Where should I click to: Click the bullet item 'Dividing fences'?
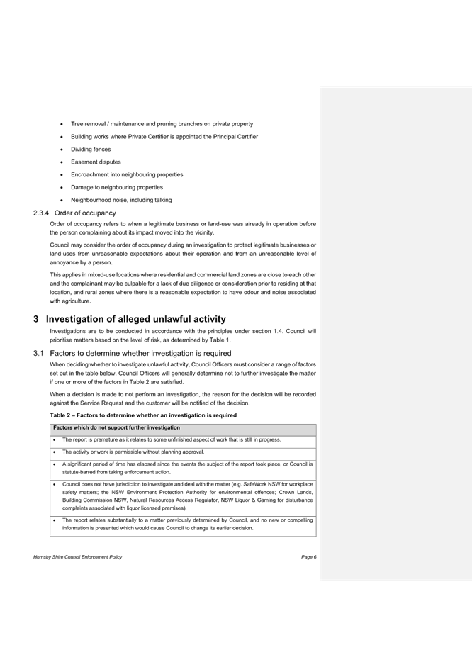point(91,150)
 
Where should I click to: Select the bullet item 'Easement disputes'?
point(96,162)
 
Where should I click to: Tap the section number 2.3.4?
point(41,213)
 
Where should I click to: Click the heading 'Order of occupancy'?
point(85,213)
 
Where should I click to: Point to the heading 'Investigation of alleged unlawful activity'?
point(135,319)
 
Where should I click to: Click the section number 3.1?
point(38,354)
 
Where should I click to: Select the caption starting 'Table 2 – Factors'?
point(143,415)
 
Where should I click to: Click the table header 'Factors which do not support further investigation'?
point(116,428)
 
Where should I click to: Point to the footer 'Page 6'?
point(309,557)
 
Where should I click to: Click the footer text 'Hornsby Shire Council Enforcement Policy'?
point(77,557)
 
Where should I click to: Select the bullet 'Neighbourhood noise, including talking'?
point(121,200)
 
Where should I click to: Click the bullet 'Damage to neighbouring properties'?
point(116,187)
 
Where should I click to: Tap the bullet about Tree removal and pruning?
point(162,124)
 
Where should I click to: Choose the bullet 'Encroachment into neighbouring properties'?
point(127,175)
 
